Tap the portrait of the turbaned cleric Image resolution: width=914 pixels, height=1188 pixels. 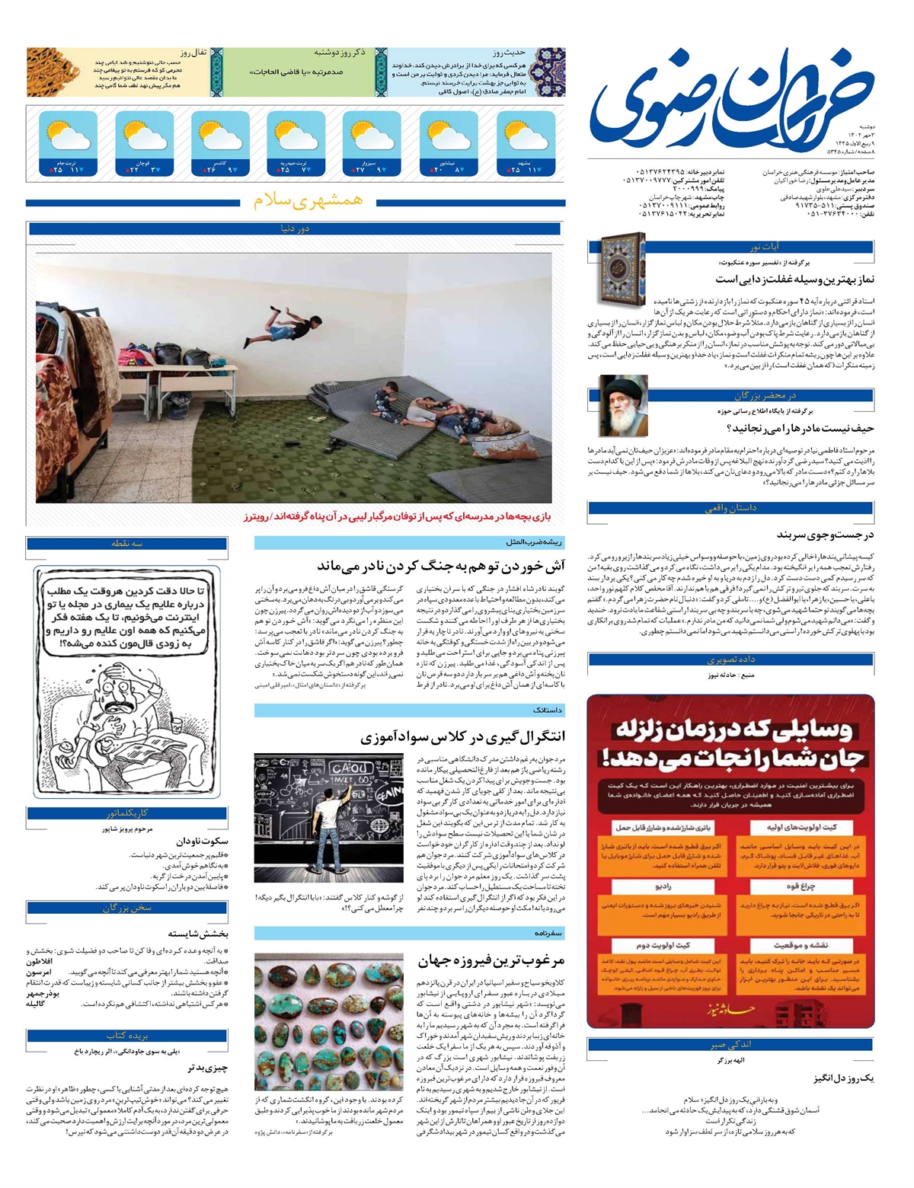(x=624, y=407)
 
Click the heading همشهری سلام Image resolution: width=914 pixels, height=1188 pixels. (x=308, y=201)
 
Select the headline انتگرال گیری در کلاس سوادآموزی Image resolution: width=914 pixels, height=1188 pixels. (x=463, y=736)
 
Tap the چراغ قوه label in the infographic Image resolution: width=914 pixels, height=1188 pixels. (x=800, y=887)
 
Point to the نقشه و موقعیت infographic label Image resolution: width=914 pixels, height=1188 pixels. (x=800, y=945)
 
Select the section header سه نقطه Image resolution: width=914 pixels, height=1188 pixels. (x=127, y=543)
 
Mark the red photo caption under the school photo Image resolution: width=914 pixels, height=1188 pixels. (x=397, y=517)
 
